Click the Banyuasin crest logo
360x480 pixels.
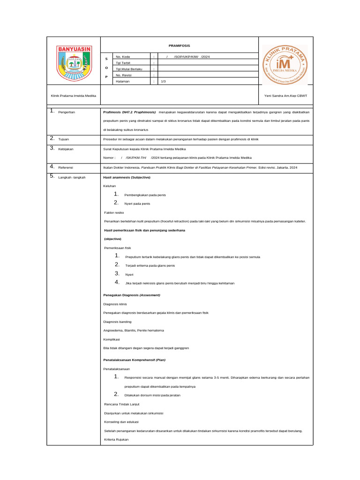(x=74, y=63)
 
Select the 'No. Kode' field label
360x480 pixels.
(x=123, y=57)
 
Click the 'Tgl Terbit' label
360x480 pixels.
(x=124, y=63)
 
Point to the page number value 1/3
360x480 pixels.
(x=164, y=81)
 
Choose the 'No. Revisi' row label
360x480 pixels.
(x=124, y=75)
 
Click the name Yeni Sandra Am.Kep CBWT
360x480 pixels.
(x=285, y=96)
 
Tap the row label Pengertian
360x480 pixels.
(x=67, y=112)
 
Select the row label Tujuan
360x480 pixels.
(x=64, y=139)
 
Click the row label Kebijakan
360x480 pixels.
(x=66, y=149)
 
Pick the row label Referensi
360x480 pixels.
(x=66, y=167)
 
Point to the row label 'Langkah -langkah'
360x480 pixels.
(x=72, y=177)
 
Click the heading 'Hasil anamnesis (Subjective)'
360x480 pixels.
(x=127, y=177)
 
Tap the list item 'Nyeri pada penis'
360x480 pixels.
(x=137, y=203)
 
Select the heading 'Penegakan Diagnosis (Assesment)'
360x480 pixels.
(x=132, y=295)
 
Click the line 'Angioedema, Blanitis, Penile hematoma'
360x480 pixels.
(x=134, y=330)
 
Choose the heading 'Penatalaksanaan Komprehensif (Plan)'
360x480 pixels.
(x=134, y=360)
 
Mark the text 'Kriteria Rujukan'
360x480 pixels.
(x=116, y=439)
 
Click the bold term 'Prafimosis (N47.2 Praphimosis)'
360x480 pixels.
(x=129, y=112)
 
